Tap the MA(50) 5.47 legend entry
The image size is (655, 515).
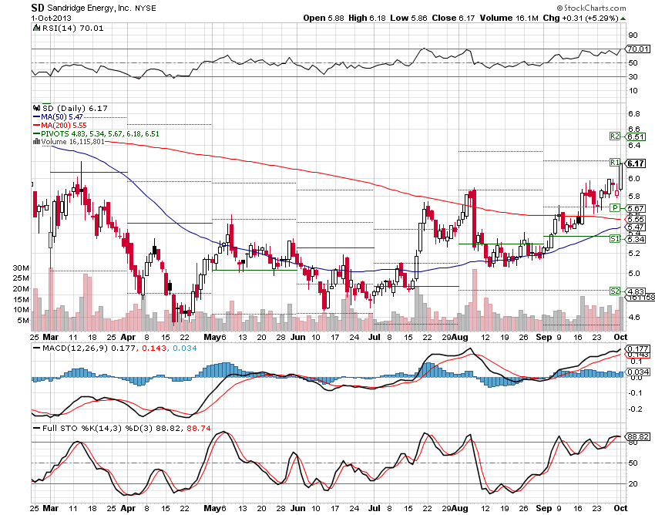pyautogui.click(x=62, y=116)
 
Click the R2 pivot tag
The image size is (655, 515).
pyautogui.click(x=615, y=136)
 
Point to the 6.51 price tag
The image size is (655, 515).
pyautogui.click(x=636, y=136)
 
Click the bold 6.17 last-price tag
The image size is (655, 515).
pyautogui.click(x=636, y=163)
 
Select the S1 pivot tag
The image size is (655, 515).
pyautogui.click(x=615, y=240)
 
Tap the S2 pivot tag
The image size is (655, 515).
pyautogui.click(x=615, y=290)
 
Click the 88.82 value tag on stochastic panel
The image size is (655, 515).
pyautogui.click(x=636, y=436)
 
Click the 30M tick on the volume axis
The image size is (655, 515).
pyautogui.click(x=21, y=268)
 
